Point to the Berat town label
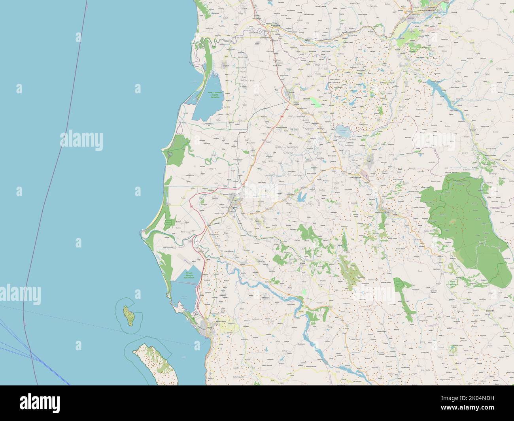click(387, 212)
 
